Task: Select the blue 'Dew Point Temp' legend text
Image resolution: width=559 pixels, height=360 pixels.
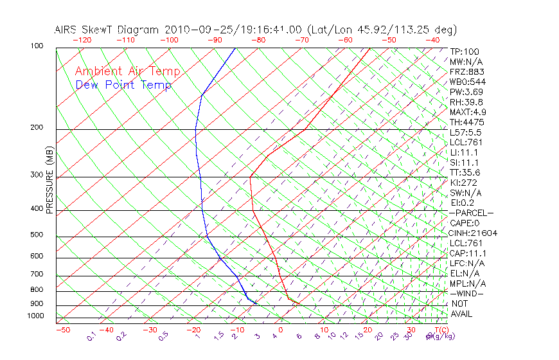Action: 123,85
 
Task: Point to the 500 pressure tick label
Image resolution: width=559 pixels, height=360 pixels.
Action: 37,235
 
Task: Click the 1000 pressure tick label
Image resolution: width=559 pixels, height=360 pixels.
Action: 36,316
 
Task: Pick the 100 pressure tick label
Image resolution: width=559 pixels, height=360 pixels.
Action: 37,47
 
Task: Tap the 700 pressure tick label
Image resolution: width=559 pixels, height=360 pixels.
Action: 37,275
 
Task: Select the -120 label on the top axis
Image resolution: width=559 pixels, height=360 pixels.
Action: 82,40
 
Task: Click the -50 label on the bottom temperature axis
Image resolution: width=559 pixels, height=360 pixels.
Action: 62,330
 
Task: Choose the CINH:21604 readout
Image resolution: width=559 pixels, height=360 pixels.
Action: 474,233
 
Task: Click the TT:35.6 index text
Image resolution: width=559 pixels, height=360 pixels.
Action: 465,172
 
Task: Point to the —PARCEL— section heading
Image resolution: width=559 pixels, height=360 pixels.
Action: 471,213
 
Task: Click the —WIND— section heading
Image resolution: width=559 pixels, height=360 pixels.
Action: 466,293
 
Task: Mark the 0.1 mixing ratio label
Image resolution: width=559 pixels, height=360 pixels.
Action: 92,336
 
